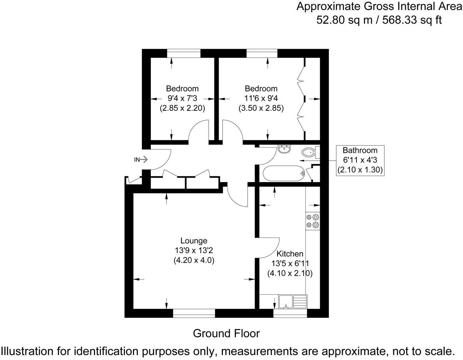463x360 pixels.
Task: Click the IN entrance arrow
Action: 141,160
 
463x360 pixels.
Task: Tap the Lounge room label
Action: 194,241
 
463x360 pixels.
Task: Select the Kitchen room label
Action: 290,254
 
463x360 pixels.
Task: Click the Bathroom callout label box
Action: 360,160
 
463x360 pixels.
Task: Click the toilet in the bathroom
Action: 309,153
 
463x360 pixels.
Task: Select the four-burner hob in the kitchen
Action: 313,220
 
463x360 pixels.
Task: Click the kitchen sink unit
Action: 293,301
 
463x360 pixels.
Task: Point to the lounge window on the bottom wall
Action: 194,313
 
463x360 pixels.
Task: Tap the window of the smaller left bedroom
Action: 184,53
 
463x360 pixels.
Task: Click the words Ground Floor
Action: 226,334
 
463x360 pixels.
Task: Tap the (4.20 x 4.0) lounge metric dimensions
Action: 194,260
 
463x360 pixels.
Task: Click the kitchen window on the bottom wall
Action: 290,313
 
